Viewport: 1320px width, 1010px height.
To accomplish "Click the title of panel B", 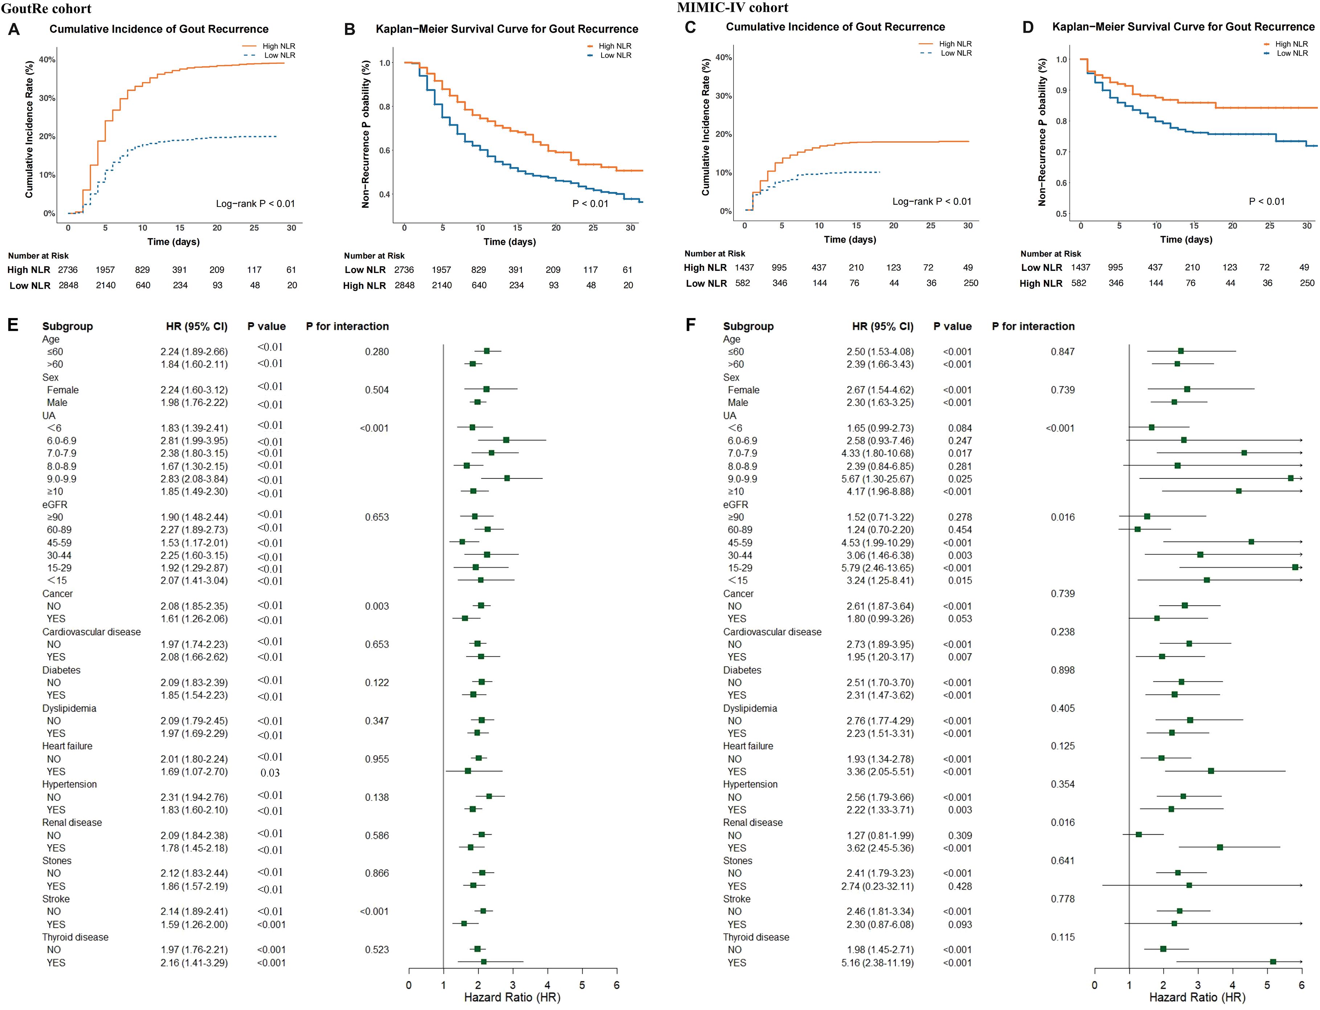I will coord(507,29).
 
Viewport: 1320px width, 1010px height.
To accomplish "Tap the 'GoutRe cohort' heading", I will coord(46,8).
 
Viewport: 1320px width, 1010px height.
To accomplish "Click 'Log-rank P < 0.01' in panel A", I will coord(255,204).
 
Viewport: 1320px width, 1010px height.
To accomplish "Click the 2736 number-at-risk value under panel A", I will coord(68,270).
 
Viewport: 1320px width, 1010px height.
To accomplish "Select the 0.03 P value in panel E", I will coord(270,773).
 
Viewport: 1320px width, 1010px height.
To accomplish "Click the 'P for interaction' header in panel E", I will coord(347,326).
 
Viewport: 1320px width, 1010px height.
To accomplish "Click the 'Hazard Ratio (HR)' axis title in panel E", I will coord(512,997).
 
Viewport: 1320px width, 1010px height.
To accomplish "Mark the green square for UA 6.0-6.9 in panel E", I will coord(506,440).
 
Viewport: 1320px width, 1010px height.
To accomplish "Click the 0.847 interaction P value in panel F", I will coord(1062,352).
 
